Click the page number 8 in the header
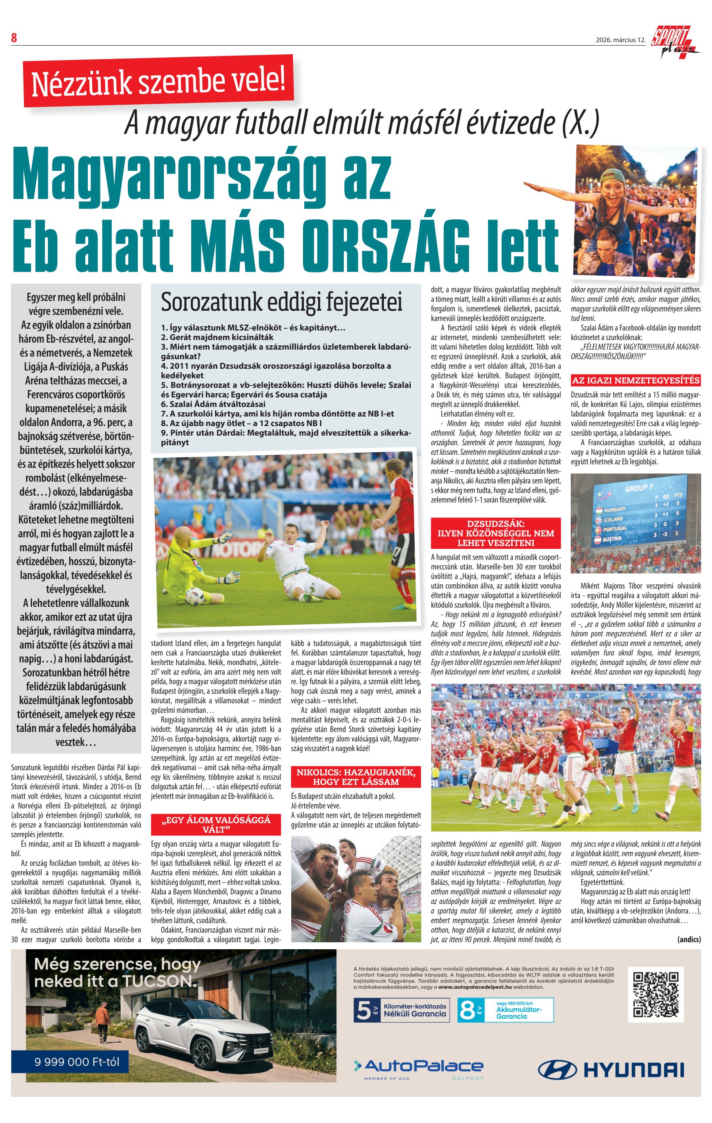14,38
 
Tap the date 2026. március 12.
620,40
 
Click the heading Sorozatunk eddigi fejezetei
281,302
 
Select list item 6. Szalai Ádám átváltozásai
213,404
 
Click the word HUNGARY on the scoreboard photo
615,509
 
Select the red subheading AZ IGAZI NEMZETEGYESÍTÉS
635,380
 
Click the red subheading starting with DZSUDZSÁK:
496,533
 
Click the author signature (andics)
689,939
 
